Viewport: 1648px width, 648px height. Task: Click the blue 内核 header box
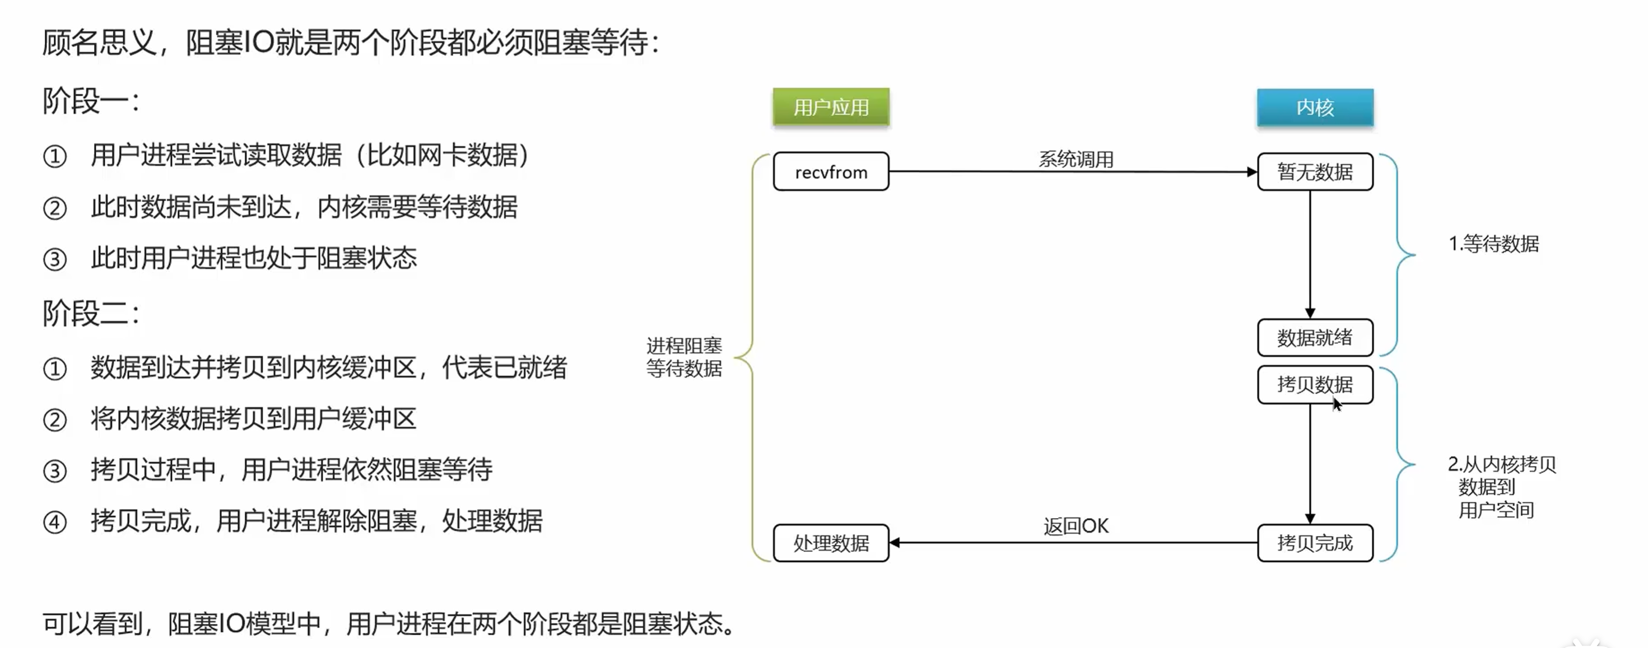point(1315,107)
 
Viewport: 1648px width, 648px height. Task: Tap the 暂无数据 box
point(1315,171)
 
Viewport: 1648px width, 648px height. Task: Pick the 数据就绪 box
point(1315,337)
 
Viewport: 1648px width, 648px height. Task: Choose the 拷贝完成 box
point(1315,543)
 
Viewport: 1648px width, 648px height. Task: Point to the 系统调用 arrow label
point(1076,158)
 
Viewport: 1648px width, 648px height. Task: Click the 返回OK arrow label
point(1076,526)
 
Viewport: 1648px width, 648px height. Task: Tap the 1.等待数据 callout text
point(1493,244)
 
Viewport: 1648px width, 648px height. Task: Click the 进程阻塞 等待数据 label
point(684,357)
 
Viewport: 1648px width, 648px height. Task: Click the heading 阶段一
point(90,101)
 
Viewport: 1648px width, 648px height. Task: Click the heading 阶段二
point(90,314)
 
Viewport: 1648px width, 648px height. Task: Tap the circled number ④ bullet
point(54,522)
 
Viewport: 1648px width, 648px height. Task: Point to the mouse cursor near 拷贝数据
point(1337,404)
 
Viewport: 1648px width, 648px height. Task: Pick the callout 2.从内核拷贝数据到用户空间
point(1500,487)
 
